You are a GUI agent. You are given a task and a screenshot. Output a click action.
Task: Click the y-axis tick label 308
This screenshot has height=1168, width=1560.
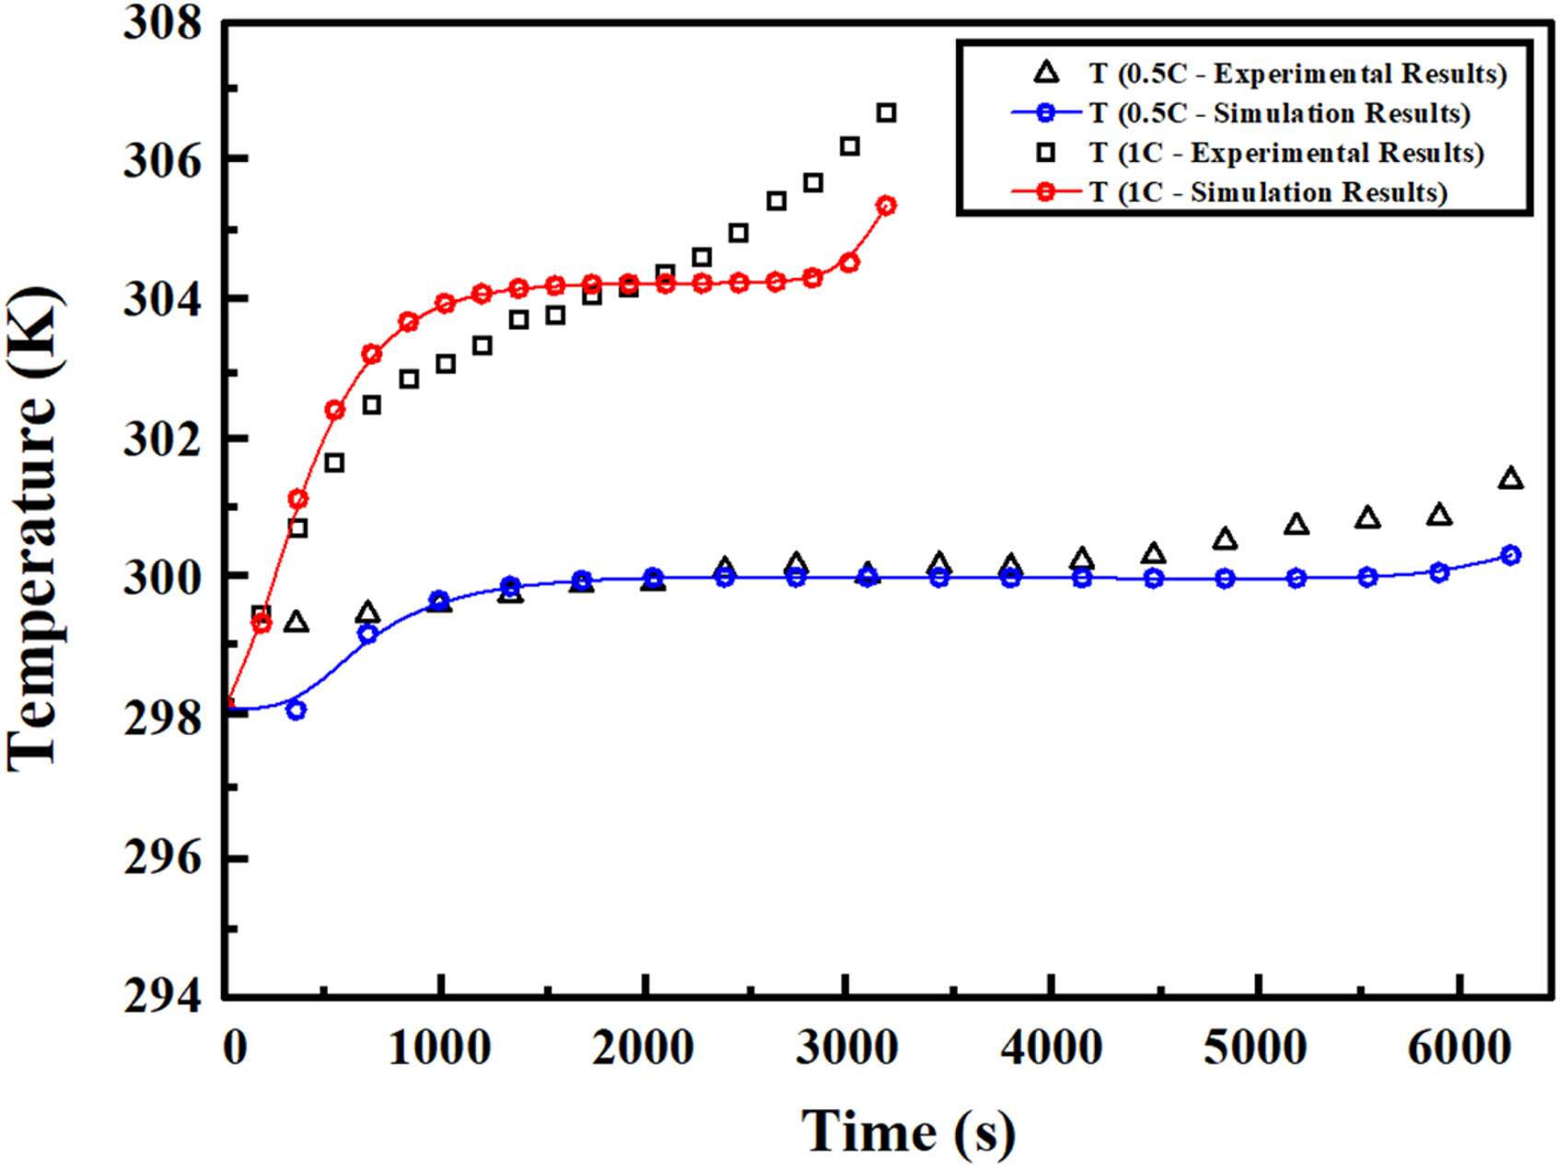coord(162,23)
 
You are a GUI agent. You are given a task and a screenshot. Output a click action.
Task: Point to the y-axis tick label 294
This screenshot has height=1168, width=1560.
coord(162,997)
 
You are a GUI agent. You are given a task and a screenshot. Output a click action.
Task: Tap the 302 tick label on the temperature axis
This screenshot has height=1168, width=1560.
coord(162,439)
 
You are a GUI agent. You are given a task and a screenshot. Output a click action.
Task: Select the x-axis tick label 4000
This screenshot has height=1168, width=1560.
coord(1051,1048)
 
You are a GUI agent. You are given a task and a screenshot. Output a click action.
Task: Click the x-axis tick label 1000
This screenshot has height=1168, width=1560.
coord(439,1048)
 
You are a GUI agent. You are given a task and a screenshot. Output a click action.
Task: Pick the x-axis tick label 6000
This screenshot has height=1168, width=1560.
coord(1459,1048)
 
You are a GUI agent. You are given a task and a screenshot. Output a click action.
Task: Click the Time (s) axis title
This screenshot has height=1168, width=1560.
coord(908,1131)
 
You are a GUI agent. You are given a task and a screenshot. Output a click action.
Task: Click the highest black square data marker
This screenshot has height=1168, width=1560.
coord(886,112)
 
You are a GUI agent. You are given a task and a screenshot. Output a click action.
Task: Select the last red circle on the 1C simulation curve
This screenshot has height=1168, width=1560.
coord(886,205)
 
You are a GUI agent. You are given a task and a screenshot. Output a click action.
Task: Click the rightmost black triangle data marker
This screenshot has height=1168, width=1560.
coord(1510,478)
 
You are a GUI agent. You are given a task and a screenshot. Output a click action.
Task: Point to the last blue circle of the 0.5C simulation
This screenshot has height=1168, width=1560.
coord(1510,555)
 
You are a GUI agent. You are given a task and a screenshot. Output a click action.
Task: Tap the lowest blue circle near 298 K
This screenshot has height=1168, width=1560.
coord(296,710)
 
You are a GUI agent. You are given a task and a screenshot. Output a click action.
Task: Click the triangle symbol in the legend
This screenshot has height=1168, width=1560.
coord(1046,73)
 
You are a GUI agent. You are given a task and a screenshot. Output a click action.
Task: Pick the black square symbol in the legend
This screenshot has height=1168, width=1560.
coord(1046,153)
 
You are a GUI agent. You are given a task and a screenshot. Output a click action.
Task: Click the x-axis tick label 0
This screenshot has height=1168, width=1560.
coord(235,1048)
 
